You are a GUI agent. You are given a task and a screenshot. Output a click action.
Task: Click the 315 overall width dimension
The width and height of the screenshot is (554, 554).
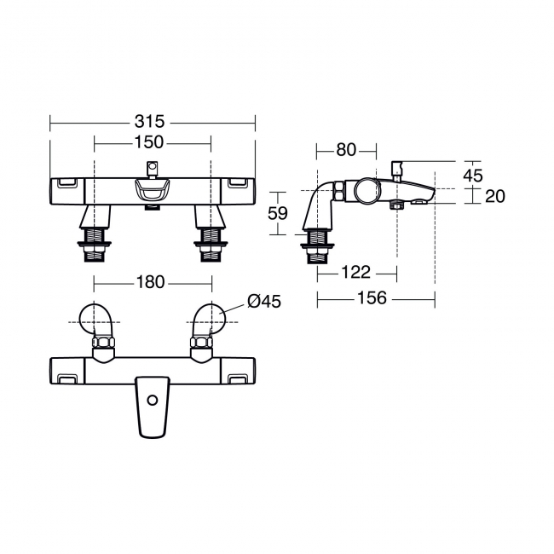[152, 122]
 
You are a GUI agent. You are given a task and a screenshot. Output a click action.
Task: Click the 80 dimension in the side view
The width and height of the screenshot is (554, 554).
[345, 150]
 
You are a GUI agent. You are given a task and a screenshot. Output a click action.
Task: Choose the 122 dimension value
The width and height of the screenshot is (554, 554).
[355, 272]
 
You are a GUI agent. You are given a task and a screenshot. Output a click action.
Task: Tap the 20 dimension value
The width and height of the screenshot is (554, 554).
[494, 196]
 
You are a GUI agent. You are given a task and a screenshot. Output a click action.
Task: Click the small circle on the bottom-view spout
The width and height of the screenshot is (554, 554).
[153, 400]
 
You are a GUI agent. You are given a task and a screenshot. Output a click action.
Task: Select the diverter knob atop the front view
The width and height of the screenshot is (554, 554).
[153, 166]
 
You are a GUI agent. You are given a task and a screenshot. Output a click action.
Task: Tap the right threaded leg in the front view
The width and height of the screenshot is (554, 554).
[208, 238]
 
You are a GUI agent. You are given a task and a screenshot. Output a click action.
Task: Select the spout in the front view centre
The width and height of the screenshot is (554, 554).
[152, 194]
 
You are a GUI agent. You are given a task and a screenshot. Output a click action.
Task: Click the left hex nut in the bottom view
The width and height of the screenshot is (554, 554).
[103, 344]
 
